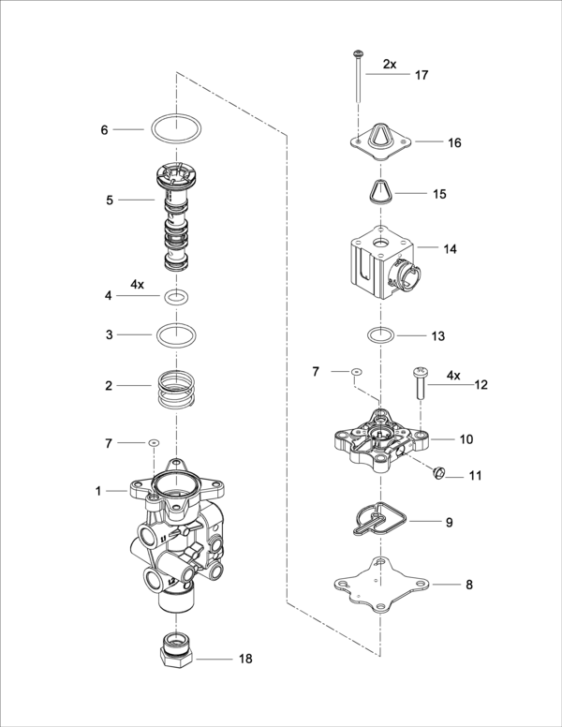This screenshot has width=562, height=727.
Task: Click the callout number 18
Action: [244, 659]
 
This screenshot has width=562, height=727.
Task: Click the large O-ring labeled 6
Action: [177, 129]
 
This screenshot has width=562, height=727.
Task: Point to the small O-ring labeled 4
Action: [177, 298]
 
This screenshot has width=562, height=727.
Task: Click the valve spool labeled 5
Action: [178, 215]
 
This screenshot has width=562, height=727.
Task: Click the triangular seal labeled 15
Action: [380, 192]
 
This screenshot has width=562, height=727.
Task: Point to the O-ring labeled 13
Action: [380, 334]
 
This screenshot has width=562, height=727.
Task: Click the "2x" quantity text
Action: [390, 65]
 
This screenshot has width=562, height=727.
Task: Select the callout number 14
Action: [450, 250]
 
